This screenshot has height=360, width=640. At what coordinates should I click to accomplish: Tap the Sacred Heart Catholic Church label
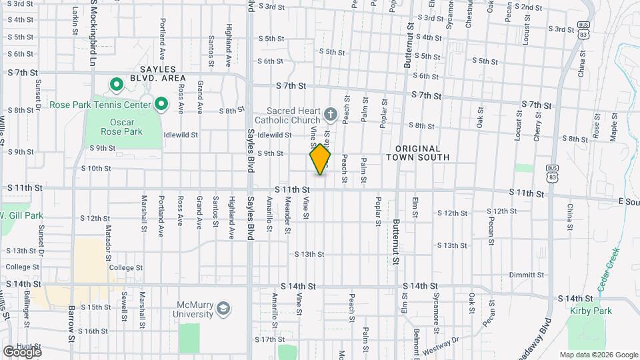point(285,115)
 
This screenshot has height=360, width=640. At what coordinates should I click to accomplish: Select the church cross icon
point(329,115)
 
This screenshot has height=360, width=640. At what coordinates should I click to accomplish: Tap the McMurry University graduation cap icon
point(223,308)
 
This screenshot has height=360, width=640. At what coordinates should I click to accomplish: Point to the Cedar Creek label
point(609,270)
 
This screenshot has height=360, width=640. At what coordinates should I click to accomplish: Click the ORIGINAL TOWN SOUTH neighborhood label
point(418,153)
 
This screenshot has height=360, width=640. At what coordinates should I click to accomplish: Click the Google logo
point(23,351)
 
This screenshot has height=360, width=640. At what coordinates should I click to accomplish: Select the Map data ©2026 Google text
point(598,355)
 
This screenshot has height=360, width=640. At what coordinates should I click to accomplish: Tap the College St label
point(126,267)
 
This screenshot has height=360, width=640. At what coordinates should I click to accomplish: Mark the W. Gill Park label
point(22,216)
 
